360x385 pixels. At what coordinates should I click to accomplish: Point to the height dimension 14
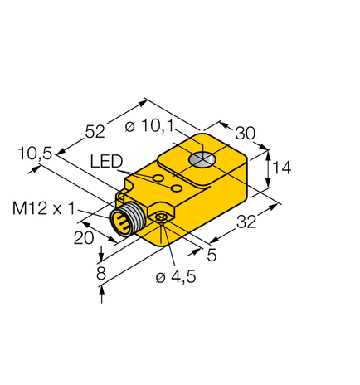pos(281,168)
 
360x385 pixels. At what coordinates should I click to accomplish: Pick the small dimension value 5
pos(212,256)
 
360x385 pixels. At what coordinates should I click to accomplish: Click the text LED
pos(107,161)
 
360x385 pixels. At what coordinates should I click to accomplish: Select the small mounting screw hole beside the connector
pos(161,217)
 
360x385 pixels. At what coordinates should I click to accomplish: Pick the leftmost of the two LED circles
pos(157,178)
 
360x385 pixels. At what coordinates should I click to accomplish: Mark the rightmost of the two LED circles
pos(176,189)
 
